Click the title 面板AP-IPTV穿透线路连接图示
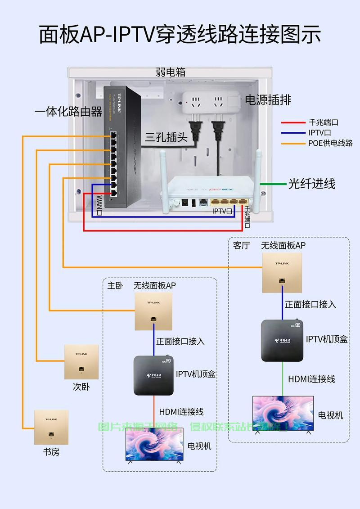click(180, 35)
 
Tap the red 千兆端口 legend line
click(293, 122)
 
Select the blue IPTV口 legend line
click(293, 133)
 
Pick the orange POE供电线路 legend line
click(293, 144)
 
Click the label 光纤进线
click(312, 184)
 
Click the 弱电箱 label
click(171, 72)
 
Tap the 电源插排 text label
click(268, 100)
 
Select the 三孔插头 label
click(166, 137)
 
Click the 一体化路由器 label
click(68, 112)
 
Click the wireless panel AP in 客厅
click(282, 272)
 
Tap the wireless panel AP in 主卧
click(153, 311)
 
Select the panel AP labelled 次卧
click(81, 362)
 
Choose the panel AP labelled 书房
click(51, 427)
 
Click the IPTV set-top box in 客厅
click(282, 340)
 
